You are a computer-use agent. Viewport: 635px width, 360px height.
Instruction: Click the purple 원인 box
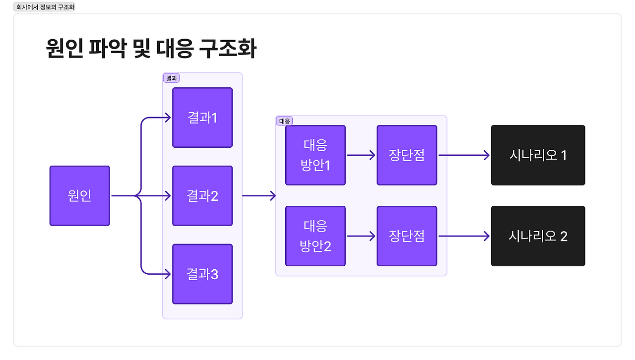coord(79,196)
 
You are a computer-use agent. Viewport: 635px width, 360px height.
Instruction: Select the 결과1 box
coord(202,118)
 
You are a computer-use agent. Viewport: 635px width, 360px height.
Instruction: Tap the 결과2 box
coord(202,196)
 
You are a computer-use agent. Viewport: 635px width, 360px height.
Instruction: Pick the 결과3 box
coord(202,274)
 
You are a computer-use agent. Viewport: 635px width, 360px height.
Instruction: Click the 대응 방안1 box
coord(316,155)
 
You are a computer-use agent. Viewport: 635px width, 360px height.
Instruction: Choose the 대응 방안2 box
coord(316,236)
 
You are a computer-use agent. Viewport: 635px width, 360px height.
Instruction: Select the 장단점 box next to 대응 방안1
coord(407,155)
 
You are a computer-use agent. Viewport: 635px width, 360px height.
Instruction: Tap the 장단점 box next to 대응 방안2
coord(407,236)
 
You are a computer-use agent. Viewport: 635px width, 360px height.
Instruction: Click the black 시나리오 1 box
coord(538,155)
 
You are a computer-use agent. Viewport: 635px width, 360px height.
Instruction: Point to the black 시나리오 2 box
coord(538,236)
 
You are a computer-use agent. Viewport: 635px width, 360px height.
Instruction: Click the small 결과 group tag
coord(171,78)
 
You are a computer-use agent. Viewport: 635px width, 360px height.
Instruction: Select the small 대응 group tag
coord(284,121)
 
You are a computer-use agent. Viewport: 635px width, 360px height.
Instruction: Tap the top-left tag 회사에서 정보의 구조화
coord(45,7)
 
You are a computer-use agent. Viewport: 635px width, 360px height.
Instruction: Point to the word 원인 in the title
coord(64,49)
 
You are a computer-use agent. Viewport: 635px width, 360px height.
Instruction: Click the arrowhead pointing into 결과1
coord(167,118)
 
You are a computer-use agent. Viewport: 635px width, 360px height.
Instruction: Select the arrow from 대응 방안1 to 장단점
coord(361,155)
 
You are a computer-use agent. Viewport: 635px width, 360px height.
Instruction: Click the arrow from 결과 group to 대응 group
coord(259,196)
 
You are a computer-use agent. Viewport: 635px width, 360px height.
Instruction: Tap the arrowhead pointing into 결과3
coord(167,274)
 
